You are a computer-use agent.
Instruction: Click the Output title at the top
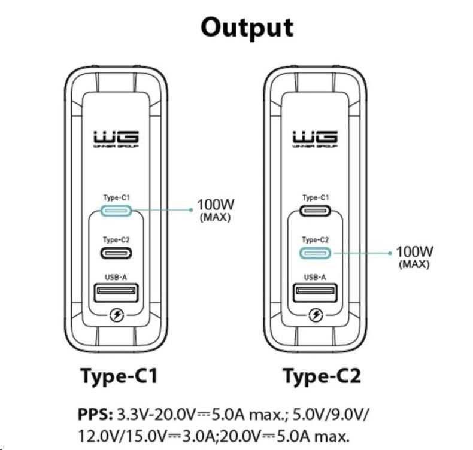click(247, 28)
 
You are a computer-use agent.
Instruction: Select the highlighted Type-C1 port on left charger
click(116, 211)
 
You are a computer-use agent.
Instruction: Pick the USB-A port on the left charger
click(116, 293)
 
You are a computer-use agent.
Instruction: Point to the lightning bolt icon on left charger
click(116, 315)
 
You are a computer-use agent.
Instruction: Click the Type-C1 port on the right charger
click(315, 211)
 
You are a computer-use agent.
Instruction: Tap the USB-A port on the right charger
click(315, 293)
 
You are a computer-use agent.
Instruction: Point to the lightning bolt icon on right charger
click(315, 315)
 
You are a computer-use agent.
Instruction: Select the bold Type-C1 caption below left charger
click(119, 376)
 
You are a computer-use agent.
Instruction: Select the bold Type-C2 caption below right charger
click(322, 376)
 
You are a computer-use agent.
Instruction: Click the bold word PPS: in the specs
click(94, 414)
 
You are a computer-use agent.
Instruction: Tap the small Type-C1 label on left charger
click(116, 197)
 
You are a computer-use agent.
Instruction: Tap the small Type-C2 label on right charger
click(315, 239)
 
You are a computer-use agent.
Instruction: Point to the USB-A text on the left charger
click(116, 276)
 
